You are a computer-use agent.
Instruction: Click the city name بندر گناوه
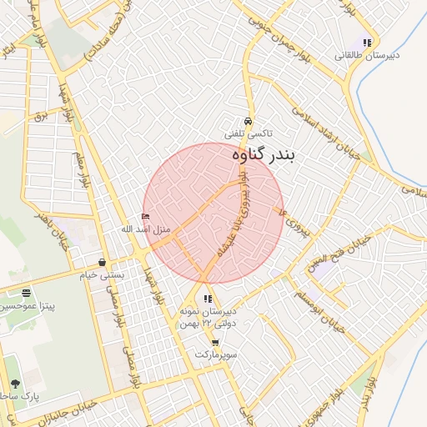coord(261,154)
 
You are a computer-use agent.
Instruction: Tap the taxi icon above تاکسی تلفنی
coord(248,120)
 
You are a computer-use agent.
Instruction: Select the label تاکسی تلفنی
coord(248,133)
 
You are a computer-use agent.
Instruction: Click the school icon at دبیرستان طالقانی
coord(367,43)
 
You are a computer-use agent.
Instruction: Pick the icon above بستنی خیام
coord(102,262)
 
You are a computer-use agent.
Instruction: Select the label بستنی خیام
coord(102,274)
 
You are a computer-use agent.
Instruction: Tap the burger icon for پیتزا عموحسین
coord(27,293)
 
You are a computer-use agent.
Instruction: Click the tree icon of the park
coord(15,384)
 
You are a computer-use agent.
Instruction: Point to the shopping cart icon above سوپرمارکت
coord(216,343)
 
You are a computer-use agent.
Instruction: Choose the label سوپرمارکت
coord(217,354)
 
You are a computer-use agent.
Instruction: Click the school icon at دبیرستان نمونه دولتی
coord(207,299)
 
